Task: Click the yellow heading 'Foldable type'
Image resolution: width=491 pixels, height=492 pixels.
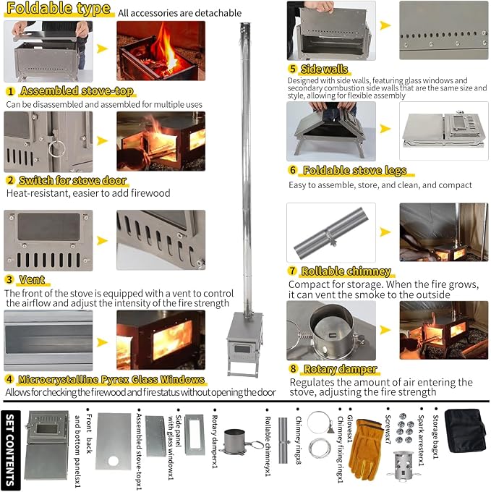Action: pos(59,9)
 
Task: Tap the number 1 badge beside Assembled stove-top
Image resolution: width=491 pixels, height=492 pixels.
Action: pos(10,91)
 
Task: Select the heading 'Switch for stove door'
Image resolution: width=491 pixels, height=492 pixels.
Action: pos(73,180)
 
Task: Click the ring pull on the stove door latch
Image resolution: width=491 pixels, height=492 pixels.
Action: pos(56,148)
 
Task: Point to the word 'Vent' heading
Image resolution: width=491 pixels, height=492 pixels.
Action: pos(32,279)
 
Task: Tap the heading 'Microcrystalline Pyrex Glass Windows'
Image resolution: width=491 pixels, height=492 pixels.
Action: pos(111,379)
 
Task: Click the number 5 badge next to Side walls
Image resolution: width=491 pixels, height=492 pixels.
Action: pos(293,69)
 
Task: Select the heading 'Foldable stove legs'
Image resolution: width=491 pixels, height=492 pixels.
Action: pos(354,170)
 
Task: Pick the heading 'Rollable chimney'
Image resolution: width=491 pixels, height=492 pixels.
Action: pos(346,271)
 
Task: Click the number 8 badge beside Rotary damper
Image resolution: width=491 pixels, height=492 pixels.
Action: pos(293,368)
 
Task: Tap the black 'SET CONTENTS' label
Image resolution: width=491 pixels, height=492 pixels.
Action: pos(11,450)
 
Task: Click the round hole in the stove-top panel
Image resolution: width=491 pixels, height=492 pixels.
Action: pos(114,461)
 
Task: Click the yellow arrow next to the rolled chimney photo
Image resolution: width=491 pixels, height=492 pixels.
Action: pos(385,232)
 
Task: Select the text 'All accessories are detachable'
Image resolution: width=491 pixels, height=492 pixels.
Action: pos(179,13)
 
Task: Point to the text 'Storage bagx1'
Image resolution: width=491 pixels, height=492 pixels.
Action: pos(435,436)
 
